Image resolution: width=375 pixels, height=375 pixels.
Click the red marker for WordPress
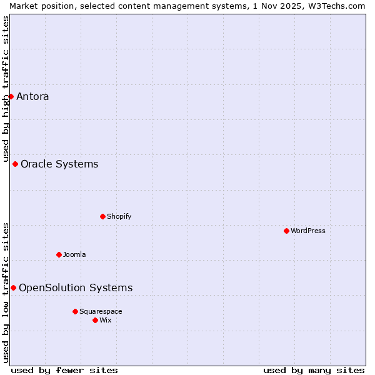tap(286, 231)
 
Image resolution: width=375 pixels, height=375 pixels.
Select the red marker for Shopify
tap(102, 216)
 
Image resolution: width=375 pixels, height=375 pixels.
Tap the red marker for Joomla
tap(59, 254)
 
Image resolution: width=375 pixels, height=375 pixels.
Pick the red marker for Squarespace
tap(75, 311)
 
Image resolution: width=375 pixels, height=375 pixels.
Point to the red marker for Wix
tap(95, 320)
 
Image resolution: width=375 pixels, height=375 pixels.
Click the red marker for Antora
tap(11, 96)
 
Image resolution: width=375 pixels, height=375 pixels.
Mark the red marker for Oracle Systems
tap(15, 164)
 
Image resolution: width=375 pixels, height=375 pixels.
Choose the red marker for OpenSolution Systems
tap(13, 287)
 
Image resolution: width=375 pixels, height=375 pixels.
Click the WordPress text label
tap(307, 231)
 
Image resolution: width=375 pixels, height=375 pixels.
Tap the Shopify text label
tap(119, 216)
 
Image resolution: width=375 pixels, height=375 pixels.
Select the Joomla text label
tap(74, 254)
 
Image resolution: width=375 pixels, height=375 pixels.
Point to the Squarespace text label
tap(101, 311)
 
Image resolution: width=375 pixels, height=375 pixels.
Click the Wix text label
tap(105, 320)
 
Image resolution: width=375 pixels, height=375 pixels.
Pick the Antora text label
tap(32, 96)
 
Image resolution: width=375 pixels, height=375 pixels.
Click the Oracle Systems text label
tap(59, 164)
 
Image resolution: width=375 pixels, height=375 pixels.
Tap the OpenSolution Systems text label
tap(76, 287)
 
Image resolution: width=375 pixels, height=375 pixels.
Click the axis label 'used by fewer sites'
tap(64, 370)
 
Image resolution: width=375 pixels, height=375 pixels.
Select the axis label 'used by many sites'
tap(314, 370)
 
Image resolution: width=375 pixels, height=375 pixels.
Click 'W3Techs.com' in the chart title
tap(336, 6)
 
